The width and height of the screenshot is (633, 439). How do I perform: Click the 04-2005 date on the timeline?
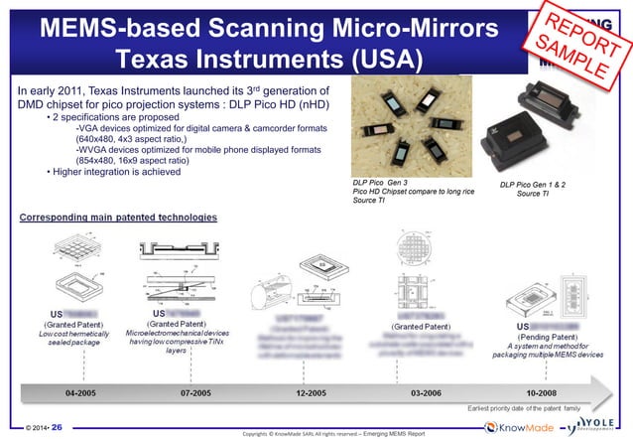click(84, 393)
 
